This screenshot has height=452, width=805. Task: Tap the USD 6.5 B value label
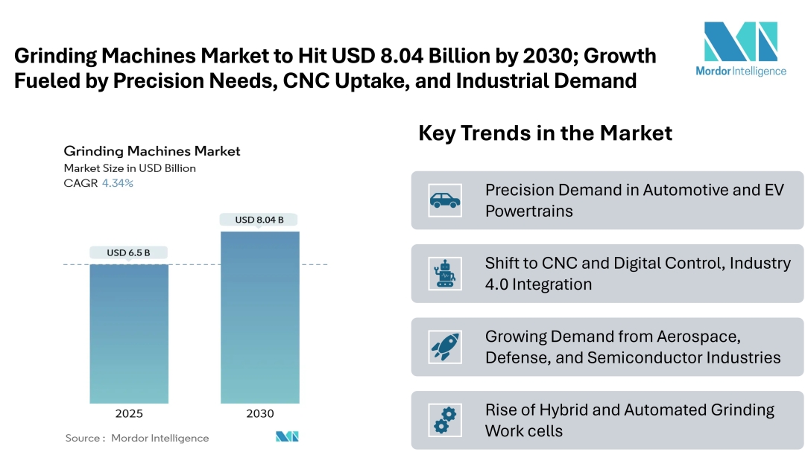click(128, 252)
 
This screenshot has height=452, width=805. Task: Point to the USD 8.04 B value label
click(259, 220)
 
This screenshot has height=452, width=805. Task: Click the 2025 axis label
click(129, 413)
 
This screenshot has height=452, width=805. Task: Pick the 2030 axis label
click(259, 413)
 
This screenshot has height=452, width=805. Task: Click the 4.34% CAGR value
click(118, 183)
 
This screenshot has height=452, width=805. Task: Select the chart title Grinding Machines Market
click(152, 151)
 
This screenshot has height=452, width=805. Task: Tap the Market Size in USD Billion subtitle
click(130, 168)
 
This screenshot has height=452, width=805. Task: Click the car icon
click(445, 200)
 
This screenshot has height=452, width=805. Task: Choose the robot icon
click(445, 273)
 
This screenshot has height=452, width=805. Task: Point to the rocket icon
click(445, 347)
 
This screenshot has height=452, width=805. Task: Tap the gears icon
click(445, 420)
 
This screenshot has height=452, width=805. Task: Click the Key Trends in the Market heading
click(545, 133)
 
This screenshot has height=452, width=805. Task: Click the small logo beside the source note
click(286, 436)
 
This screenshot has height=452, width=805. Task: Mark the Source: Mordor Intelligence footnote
click(137, 438)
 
